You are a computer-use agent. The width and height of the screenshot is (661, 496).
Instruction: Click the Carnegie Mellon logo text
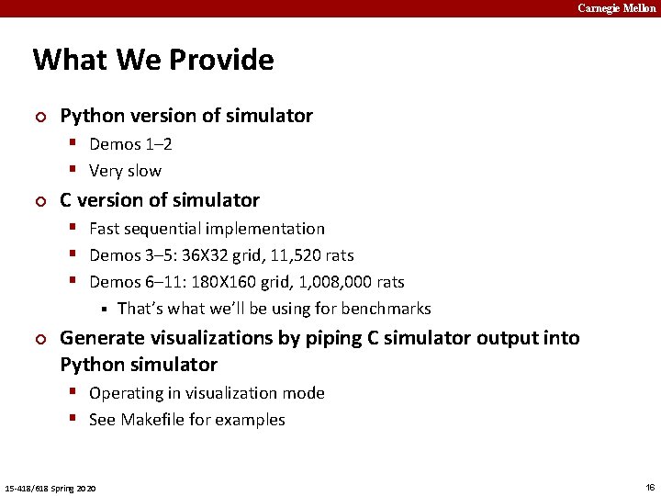tap(616, 8)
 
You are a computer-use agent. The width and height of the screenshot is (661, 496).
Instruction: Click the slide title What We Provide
tap(153, 60)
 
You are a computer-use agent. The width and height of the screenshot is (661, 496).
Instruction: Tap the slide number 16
tap(650, 487)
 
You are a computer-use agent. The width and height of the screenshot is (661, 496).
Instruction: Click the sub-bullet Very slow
tap(125, 171)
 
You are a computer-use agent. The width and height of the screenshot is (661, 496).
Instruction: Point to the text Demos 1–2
tap(130, 144)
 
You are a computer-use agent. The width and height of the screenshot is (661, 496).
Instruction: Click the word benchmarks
tap(386, 309)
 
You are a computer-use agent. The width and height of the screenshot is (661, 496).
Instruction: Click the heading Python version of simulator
tap(186, 116)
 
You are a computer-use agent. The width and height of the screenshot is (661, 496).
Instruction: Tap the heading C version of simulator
tap(160, 200)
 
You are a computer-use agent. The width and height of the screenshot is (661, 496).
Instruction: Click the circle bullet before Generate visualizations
tap(39, 339)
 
